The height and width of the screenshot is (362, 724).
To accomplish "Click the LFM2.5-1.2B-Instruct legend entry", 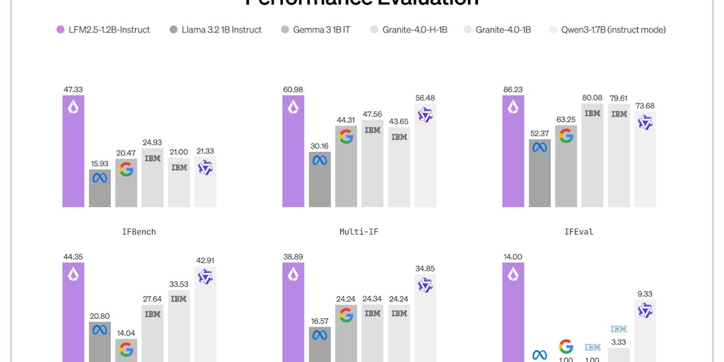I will coord(103,30).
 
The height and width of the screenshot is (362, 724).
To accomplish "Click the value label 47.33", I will coord(73,90).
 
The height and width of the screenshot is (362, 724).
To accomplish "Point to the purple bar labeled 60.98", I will coord(293,156).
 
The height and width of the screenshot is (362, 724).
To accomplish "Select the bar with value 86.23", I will coord(513,156).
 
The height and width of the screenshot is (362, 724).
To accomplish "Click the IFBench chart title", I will coord(139,231).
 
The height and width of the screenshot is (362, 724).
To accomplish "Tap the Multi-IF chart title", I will coord(359,231).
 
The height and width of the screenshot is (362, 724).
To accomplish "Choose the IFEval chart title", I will coord(579,231).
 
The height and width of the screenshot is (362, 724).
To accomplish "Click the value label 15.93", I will coord(100,164).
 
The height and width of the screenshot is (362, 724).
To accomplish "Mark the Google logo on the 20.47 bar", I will coord(126,170).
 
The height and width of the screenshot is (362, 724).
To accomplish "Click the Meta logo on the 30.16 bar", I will coord(320,160).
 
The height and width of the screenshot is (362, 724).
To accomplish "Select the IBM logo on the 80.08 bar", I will coord(592,113).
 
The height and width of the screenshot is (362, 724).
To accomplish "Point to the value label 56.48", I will coord(425,98).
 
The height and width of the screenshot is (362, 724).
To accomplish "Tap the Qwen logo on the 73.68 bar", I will coord(645,122).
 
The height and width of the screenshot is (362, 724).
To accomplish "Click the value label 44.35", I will coord(73,257).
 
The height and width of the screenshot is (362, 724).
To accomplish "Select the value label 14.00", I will coord(513,257).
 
